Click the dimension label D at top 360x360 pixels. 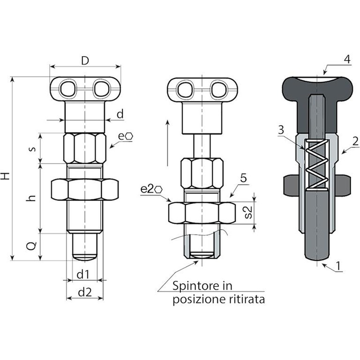coord(85,60)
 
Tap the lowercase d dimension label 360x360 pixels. coord(120,113)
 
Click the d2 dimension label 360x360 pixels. coord(84,292)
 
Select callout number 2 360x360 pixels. coord(355,141)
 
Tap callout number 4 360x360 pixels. coord(346,60)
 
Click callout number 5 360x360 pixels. coord(243,178)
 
